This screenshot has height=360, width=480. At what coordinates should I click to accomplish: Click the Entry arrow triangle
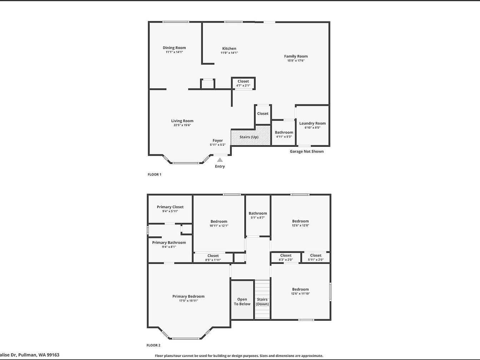click(x=220, y=160)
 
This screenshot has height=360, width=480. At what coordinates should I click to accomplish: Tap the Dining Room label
click(x=174, y=47)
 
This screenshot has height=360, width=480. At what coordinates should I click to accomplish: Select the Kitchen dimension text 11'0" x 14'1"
click(x=229, y=52)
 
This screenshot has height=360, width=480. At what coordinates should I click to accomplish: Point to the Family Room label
click(x=296, y=56)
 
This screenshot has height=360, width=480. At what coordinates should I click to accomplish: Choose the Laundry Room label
click(x=312, y=123)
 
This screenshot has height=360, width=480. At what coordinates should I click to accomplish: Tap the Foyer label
click(x=217, y=141)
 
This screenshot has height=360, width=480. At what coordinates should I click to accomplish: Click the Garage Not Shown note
click(x=307, y=151)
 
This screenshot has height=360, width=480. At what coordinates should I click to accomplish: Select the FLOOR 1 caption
click(x=154, y=174)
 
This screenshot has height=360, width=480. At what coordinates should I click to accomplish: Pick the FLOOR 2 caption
click(x=153, y=345)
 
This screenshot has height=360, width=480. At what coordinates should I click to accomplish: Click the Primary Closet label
click(x=170, y=207)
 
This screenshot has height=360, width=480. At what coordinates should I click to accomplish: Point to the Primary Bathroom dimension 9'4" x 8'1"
click(x=169, y=247)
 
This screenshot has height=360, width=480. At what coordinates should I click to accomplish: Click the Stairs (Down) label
click(x=262, y=302)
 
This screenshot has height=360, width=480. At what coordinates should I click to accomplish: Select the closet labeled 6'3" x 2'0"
click(x=286, y=257)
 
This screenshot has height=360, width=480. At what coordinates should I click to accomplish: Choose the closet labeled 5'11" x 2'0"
click(x=316, y=257)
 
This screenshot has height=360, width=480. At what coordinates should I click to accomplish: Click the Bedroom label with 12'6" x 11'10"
click(x=300, y=289)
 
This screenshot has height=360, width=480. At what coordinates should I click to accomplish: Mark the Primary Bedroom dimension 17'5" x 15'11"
click(x=189, y=301)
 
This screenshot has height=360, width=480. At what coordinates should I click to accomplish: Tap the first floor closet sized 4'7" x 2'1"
click(x=243, y=83)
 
